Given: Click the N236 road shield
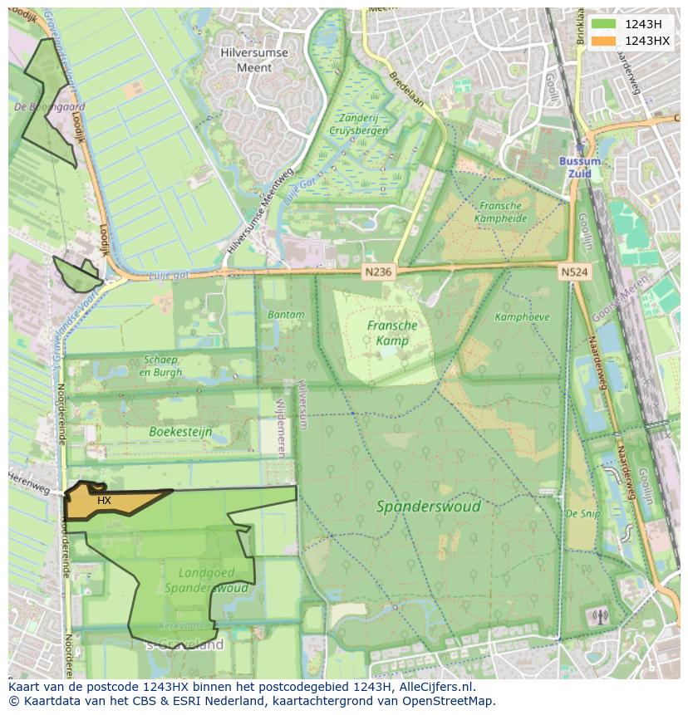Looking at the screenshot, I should [x=378, y=271].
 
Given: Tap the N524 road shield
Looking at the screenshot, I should [x=573, y=271].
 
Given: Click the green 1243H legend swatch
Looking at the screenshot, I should [x=604, y=23].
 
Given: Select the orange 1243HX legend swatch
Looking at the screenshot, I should [x=604, y=41].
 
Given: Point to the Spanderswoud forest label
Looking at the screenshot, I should [x=428, y=506].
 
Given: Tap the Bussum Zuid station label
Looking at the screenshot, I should [x=575, y=167].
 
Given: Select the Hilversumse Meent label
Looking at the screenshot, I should [x=254, y=60].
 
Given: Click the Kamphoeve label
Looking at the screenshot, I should [x=522, y=317].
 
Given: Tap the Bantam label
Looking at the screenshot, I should [x=286, y=315].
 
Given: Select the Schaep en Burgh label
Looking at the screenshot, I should [x=162, y=365].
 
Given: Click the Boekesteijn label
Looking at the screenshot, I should [x=180, y=432].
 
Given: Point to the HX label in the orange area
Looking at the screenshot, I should [x=104, y=501].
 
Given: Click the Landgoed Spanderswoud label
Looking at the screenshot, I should [x=206, y=580].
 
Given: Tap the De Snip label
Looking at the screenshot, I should [x=582, y=514].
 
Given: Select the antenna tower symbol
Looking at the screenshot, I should [x=598, y=617].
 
